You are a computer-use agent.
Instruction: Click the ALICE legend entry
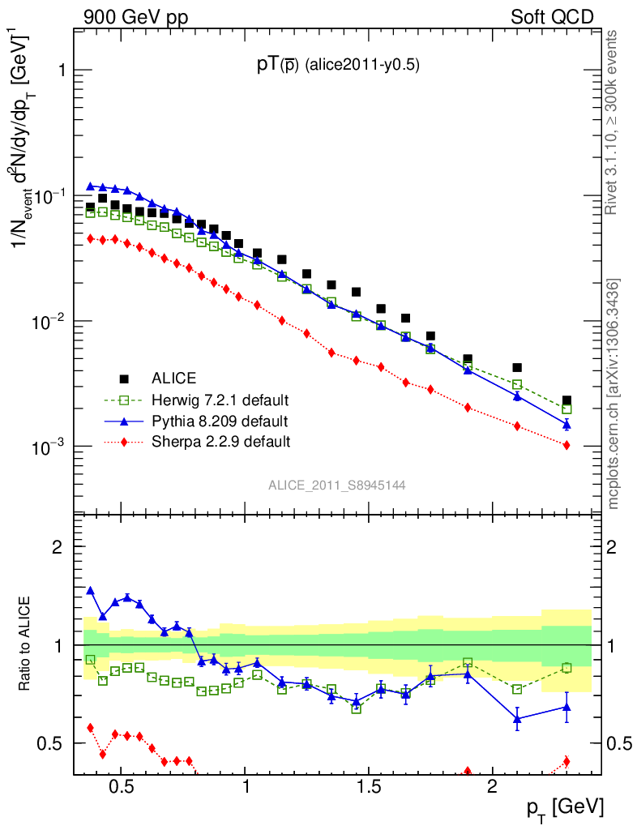click(x=174, y=378)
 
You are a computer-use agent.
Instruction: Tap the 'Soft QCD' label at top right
click(x=552, y=17)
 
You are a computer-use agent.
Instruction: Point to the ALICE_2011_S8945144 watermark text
click(x=337, y=485)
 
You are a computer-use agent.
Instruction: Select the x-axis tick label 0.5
click(x=121, y=787)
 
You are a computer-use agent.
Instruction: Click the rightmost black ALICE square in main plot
click(x=566, y=401)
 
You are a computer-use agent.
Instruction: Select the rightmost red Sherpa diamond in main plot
click(x=566, y=445)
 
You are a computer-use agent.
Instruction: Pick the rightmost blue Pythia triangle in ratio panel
click(x=566, y=707)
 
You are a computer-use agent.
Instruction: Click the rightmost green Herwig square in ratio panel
click(x=566, y=668)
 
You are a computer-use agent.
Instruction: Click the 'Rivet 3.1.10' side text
click(x=613, y=122)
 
